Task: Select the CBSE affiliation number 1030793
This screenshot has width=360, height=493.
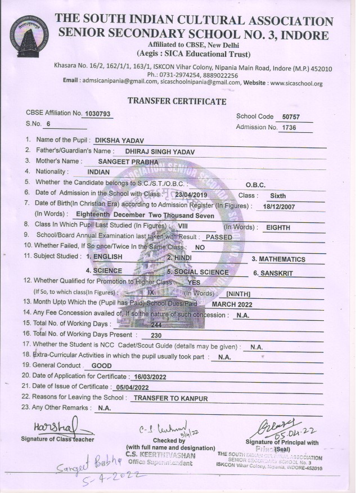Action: click(x=97, y=114)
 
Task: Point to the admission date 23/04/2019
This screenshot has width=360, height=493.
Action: click(x=191, y=195)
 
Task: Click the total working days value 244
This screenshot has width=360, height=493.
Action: click(x=156, y=325)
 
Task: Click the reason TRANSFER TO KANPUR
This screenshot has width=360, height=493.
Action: click(x=170, y=398)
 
